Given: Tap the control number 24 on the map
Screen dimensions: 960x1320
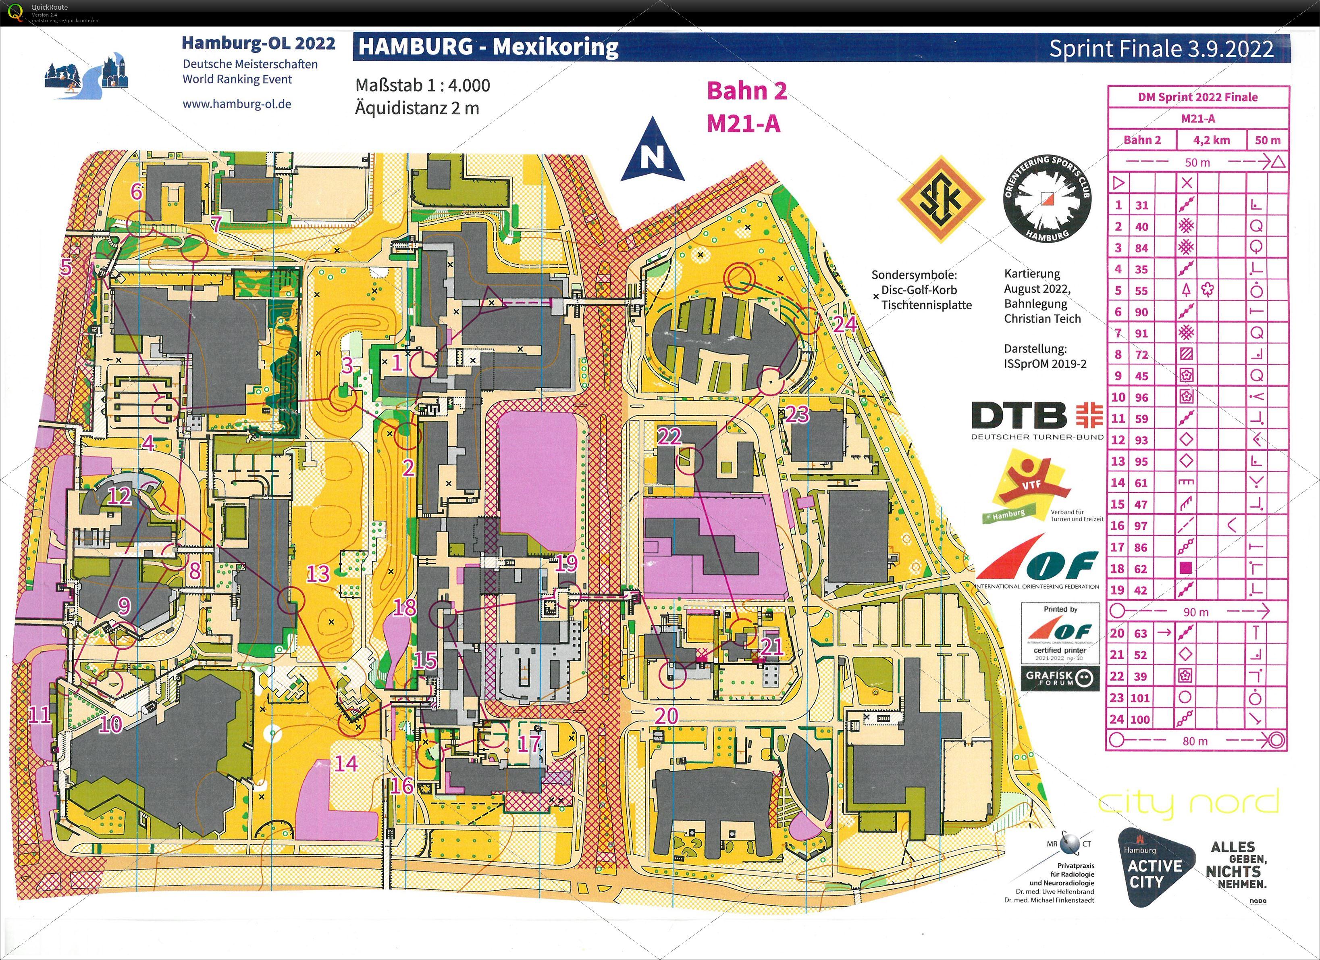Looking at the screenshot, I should (844, 324).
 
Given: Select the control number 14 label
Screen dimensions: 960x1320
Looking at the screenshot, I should (346, 763).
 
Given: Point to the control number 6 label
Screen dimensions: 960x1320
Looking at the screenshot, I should (137, 191).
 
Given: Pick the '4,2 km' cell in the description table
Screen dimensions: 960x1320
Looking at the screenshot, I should (1211, 140).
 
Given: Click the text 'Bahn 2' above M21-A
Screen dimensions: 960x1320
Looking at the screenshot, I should (747, 92).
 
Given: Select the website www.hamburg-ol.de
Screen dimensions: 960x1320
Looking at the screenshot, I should (237, 104).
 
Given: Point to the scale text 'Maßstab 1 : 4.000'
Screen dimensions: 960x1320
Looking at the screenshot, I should (422, 85).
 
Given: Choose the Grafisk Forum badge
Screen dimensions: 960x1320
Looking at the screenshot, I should (1060, 678).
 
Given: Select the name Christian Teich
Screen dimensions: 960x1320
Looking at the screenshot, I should (1042, 319).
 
